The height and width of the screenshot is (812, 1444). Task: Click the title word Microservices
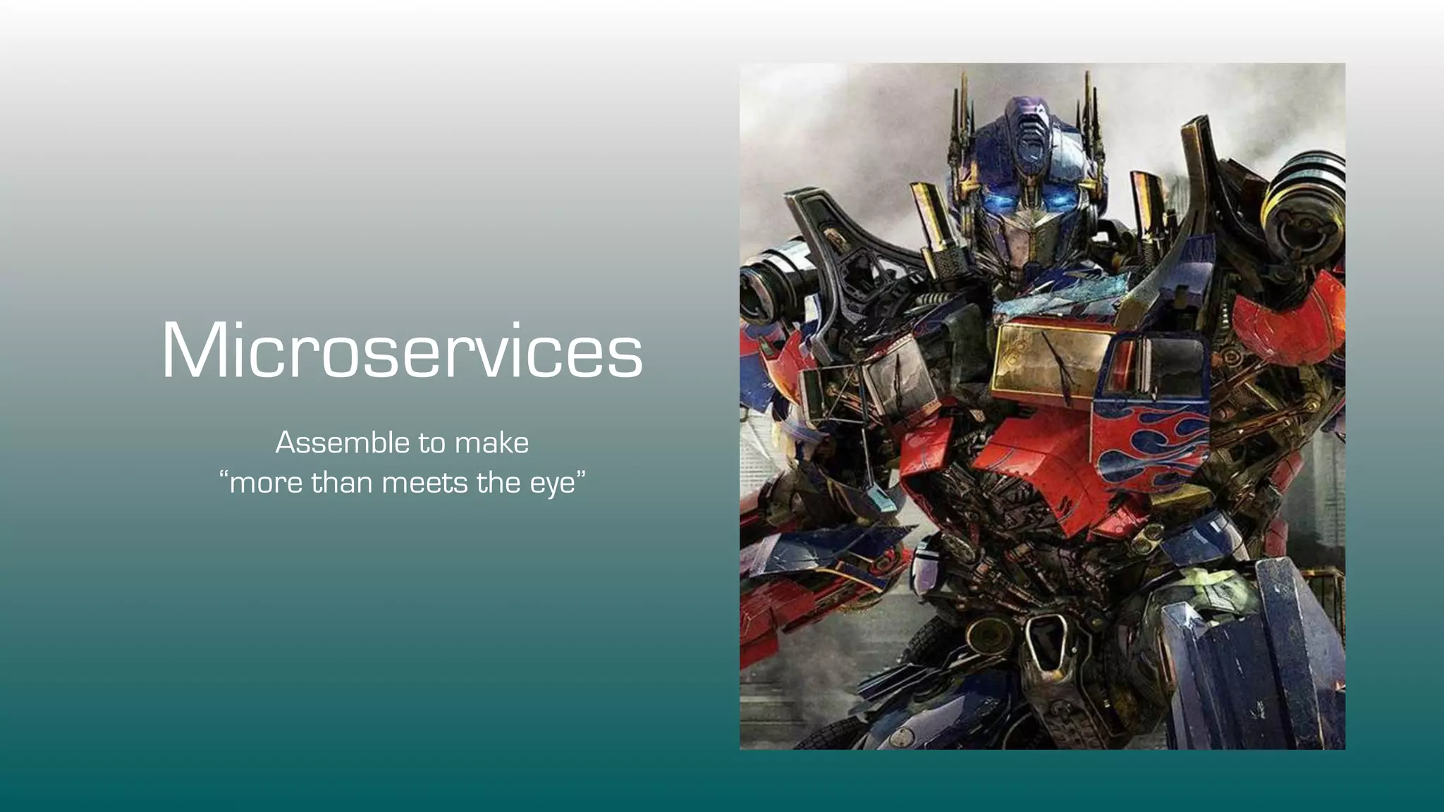click(402, 351)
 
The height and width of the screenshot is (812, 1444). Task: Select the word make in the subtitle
click(491, 443)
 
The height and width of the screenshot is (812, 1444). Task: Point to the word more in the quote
click(265, 484)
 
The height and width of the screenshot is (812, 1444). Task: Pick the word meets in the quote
click(424, 484)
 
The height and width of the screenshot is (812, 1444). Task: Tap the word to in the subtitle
click(432, 443)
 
